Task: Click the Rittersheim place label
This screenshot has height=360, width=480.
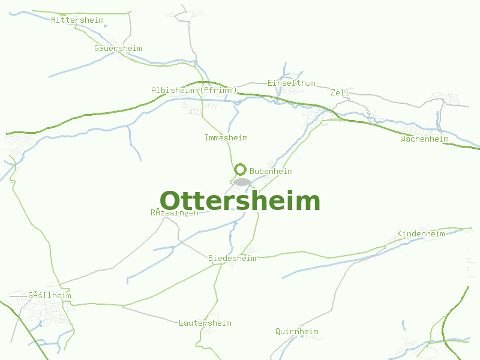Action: click(77, 20)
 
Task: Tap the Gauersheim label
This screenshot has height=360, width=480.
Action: click(118, 48)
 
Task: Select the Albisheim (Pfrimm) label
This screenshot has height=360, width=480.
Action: click(194, 90)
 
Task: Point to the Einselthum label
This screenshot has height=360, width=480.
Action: click(291, 83)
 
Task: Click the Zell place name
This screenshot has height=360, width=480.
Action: click(340, 92)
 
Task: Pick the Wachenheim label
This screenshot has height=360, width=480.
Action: click(424, 139)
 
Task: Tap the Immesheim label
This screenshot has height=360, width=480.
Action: click(226, 137)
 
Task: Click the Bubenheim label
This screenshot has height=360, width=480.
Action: click(271, 171)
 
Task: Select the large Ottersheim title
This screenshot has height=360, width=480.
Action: click(240, 201)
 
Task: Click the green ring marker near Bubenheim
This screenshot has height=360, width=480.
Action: click(241, 169)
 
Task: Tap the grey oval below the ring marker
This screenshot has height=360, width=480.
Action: click(241, 182)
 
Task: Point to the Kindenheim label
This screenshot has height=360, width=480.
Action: click(421, 233)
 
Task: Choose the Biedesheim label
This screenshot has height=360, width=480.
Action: click(232, 258)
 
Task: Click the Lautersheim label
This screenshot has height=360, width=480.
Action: click(205, 323)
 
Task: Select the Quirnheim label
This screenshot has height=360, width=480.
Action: click(296, 331)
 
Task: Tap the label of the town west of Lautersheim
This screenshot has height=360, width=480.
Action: click(49, 295)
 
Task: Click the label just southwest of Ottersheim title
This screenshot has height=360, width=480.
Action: click(174, 212)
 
